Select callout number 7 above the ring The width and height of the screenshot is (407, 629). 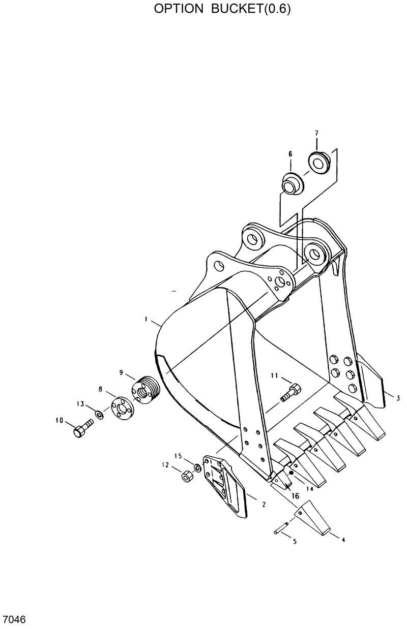click(316, 133)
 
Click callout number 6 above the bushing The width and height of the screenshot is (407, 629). click(290, 153)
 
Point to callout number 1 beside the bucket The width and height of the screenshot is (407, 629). click(146, 320)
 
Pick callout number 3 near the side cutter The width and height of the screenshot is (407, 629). click(398, 398)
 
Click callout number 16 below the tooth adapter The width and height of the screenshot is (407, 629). click(294, 495)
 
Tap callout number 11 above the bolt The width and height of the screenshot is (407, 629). click(274, 375)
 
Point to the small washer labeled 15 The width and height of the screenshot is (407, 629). click(197, 466)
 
